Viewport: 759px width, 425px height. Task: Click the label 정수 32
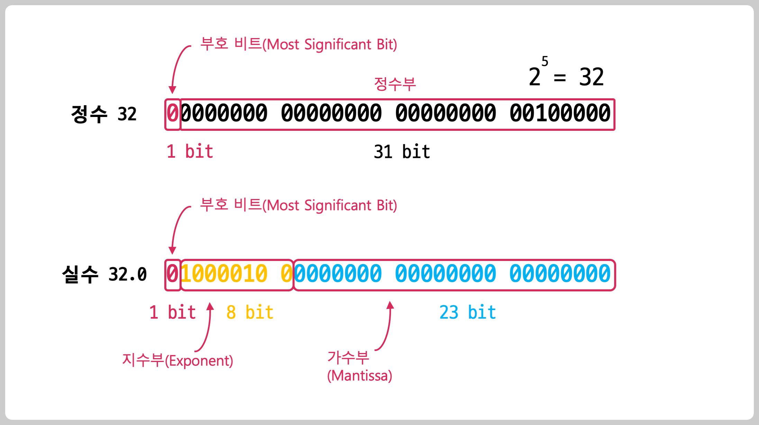click(104, 114)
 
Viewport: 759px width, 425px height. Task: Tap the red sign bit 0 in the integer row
click(172, 114)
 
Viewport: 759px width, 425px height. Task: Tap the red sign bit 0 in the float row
click(172, 274)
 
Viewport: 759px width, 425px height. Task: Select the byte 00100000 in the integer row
click(560, 114)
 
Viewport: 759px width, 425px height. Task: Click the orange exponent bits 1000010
click(224, 274)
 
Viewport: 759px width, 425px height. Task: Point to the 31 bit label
click(402, 152)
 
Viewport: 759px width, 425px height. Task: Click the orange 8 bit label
click(250, 312)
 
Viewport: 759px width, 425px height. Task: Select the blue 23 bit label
click(467, 312)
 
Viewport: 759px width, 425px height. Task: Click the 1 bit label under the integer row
click(190, 152)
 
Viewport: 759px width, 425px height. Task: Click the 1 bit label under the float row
click(172, 312)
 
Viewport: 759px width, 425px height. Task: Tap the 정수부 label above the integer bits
click(395, 84)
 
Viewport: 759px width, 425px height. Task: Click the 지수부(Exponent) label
click(177, 361)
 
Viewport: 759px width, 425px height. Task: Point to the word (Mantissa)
click(359, 376)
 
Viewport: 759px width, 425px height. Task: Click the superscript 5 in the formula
click(545, 61)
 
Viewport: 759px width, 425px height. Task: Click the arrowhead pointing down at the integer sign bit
click(172, 90)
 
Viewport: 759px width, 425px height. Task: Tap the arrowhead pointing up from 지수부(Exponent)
click(210, 306)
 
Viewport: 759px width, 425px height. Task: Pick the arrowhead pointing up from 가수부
click(390, 305)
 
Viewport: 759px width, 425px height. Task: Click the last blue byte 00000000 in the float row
click(560, 274)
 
